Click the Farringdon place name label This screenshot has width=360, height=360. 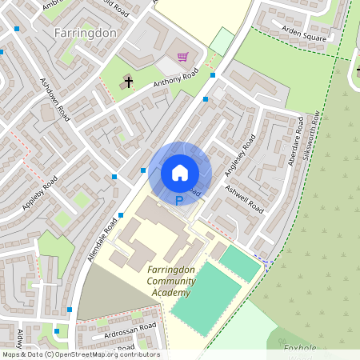tap(86, 34)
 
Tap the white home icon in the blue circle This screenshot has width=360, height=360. tap(180, 172)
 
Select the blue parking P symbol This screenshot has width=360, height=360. tap(179, 201)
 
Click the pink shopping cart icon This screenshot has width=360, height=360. tap(183, 57)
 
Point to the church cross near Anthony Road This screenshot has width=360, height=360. tap(127, 81)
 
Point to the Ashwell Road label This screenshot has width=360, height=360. tap(245, 198)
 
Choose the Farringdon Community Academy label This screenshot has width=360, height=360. tap(171, 281)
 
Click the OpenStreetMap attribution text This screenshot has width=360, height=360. tap(80, 354)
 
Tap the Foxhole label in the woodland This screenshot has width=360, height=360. tap(302, 348)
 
